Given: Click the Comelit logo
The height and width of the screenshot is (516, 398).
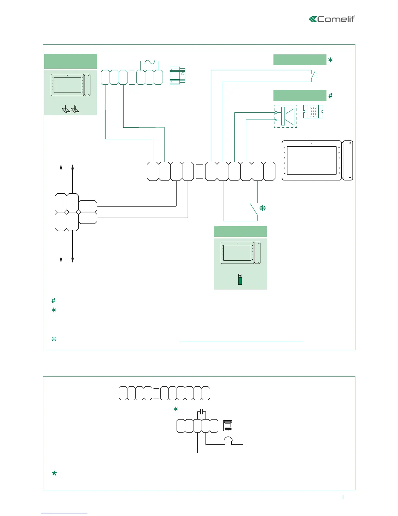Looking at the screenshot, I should (x=332, y=19).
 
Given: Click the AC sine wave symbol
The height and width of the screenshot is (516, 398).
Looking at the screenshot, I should (x=150, y=62).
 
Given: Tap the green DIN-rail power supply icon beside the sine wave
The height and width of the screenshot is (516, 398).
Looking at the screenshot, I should (x=177, y=76).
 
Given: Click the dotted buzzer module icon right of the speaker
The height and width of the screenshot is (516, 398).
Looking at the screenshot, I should (x=313, y=112).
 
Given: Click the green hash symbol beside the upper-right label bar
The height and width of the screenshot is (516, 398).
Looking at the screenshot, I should (x=330, y=95).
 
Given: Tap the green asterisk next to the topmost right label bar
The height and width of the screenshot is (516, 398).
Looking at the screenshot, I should (x=330, y=60).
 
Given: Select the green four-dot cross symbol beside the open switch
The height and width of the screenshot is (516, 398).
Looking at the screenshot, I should (x=263, y=208).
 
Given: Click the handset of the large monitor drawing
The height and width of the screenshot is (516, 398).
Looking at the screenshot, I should (x=348, y=161).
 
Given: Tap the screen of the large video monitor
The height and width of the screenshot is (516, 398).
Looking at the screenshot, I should (x=312, y=160).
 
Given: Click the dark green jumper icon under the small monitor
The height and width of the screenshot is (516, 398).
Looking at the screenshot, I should (x=240, y=280).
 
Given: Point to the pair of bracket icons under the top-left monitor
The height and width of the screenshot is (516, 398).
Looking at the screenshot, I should (x=71, y=109).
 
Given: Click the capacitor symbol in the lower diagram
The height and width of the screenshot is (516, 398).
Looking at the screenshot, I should (x=202, y=412).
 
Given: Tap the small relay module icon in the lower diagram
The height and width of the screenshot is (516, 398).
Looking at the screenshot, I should (x=228, y=425).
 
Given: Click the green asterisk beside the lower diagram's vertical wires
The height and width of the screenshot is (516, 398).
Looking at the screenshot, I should (x=176, y=409).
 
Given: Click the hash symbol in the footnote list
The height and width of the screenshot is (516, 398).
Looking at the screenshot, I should (x=54, y=301).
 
